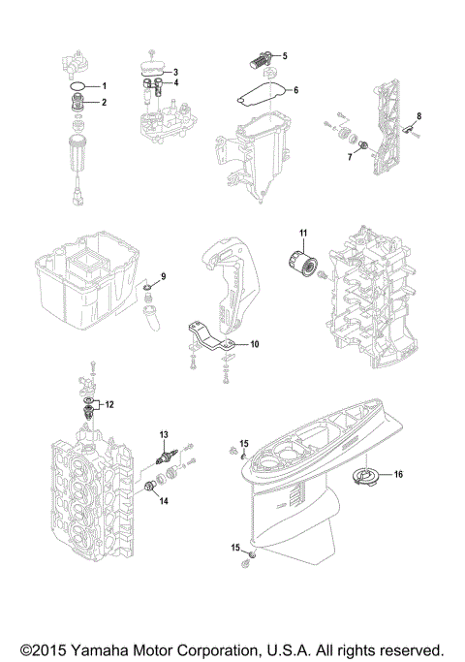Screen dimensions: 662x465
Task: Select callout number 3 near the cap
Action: coord(175,72)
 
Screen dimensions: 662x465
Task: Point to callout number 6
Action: coord(296,90)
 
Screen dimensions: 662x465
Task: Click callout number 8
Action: coord(420,116)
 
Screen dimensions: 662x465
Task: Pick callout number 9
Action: coord(163,277)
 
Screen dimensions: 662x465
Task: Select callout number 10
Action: coord(255,344)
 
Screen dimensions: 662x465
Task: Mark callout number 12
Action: coord(109,402)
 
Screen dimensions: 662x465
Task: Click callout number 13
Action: coord(164,432)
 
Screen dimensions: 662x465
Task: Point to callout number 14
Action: coord(164,501)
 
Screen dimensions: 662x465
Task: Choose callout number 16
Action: coord(397,475)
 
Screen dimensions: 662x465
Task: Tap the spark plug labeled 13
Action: coord(167,457)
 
